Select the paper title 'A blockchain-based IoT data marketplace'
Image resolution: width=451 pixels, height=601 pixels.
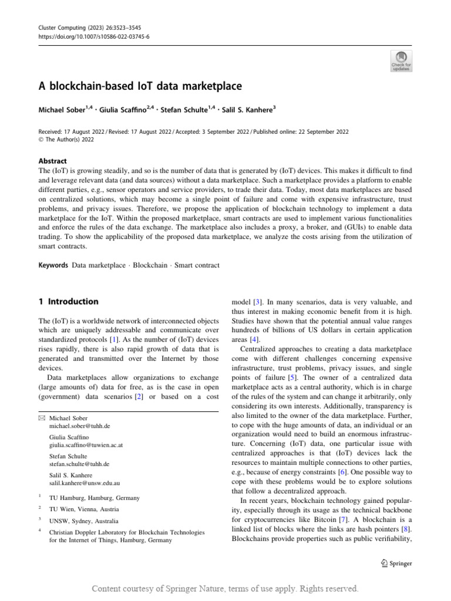pyautogui.click(x=140, y=87)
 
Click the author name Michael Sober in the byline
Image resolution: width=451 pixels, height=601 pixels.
pyautogui.click(x=62, y=110)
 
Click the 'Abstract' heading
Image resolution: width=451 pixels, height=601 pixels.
pyautogui.click(x=52, y=161)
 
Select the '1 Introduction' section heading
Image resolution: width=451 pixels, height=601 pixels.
pyautogui.click(x=68, y=302)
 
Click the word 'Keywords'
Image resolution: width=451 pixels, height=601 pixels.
pyautogui.click(x=53, y=265)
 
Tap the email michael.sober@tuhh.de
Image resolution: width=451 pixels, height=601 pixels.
pyautogui.click(x=79, y=426)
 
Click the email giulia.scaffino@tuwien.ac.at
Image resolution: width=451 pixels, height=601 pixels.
pyautogui.click(x=87, y=446)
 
